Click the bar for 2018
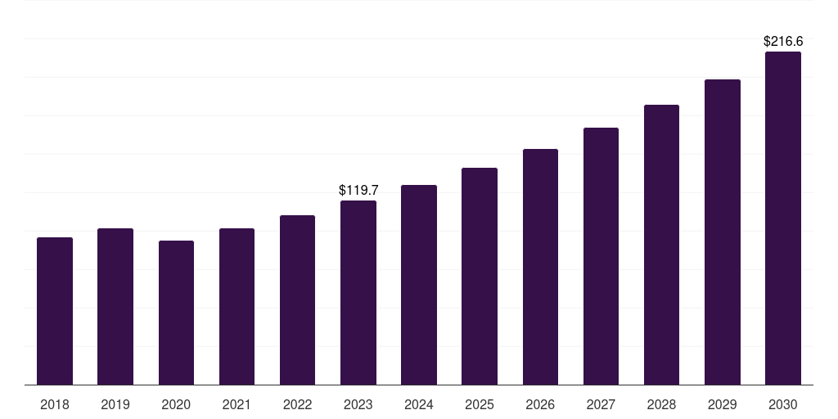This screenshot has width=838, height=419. pyautogui.click(x=55, y=311)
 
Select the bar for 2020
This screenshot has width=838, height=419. pyautogui.click(x=176, y=313)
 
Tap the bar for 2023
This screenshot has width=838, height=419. pyautogui.click(x=358, y=293)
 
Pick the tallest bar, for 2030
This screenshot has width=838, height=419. pyautogui.click(x=783, y=219)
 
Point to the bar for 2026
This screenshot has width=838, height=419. pyautogui.click(x=540, y=267)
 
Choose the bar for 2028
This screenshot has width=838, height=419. pyautogui.click(x=661, y=245)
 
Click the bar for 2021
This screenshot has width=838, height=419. pyautogui.click(x=237, y=307)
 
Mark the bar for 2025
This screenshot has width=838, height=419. pyautogui.click(x=480, y=277)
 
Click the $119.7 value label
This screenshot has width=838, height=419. pyautogui.click(x=358, y=190)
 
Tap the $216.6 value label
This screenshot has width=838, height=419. pyautogui.click(x=783, y=41)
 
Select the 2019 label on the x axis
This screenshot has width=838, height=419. pyautogui.click(x=115, y=404)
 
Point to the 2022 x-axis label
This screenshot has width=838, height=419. pyautogui.click(x=297, y=404)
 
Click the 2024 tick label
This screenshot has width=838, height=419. pyautogui.click(x=419, y=404)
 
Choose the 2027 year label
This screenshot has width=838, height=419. pyautogui.click(x=601, y=404)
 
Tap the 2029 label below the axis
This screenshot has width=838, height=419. pyautogui.click(x=722, y=404)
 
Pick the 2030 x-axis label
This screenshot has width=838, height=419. pyautogui.click(x=783, y=404)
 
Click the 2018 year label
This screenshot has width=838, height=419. pyautogui.click(x=55, y=404)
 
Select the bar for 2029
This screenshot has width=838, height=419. pyautogui.click(x=722, y=232)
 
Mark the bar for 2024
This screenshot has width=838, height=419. pyautogui.click(x=419, y=285)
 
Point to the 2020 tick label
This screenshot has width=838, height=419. pyautogui.click(x=176, y=404)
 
